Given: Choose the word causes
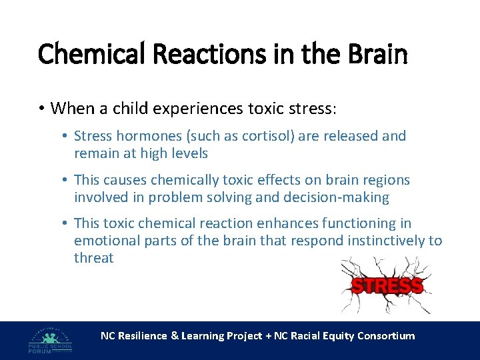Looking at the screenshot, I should coord(125,180).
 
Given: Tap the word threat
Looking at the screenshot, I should coord(94,258).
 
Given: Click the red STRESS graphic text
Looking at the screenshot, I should coord(387,287).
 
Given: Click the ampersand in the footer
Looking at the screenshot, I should coord(175,336).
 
